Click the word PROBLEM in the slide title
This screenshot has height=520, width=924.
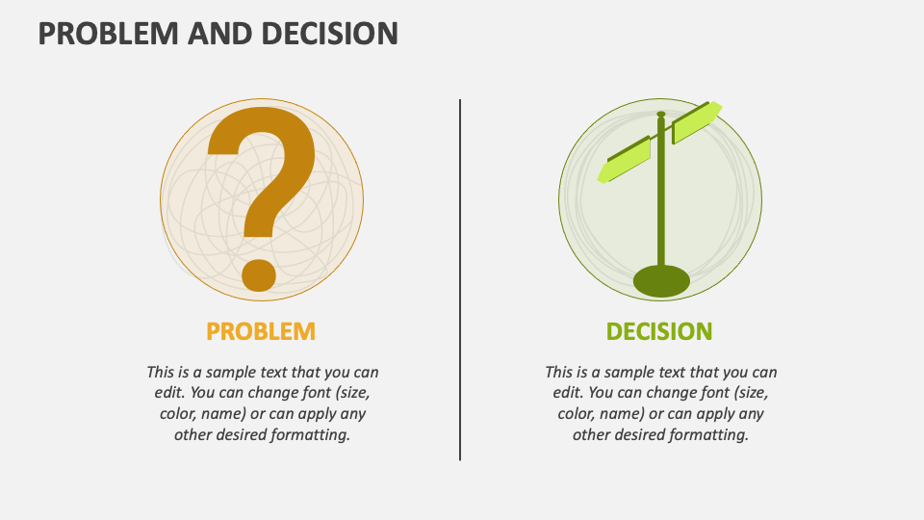click(109, 34)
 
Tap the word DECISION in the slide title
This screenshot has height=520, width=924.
click(329, 34)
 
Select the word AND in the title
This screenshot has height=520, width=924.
click(219, 34)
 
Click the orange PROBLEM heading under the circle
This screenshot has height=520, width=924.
click(261, 331)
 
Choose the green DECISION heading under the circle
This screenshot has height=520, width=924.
click(659, 331)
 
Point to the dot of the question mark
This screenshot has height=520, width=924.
click(259, 274)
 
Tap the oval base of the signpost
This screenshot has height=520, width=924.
click(661, 281)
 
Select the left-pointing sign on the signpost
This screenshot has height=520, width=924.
click(625, 160)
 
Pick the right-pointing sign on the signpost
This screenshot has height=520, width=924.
click(697, 122)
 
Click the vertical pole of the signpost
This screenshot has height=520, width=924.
click(661, 190)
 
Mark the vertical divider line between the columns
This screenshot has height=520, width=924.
click(460, 279)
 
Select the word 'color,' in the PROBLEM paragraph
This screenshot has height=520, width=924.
click(177, 413)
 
